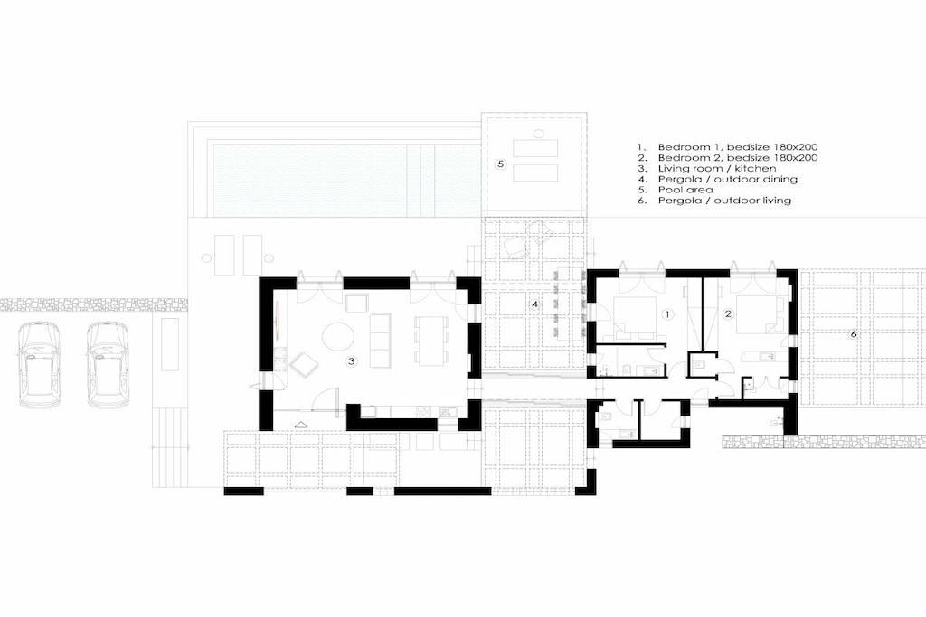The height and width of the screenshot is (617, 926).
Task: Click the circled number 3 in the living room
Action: pyautogui.click(x=352, y=361)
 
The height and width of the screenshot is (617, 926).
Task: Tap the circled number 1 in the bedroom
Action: pyautogui.click(x=667, y=314)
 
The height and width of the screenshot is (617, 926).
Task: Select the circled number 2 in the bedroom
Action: pyautogui.click(x=728, y=314)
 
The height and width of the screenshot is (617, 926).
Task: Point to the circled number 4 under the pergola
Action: pyautogui.click(x=534, y=304)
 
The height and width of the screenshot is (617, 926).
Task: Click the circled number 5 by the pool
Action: pyautogui.click(x=500, y=164)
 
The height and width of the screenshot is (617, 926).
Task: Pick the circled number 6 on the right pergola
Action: pyautogui.click(x=853, y=334)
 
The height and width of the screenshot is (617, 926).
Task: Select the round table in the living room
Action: pyautogui.click(x=338, y=337)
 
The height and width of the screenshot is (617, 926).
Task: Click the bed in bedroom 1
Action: pyautogui.click(x=636, y=319)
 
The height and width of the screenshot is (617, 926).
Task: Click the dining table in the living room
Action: pyautogui.click(x=427, y=341)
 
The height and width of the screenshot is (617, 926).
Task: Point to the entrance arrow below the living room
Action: pyautogui.click(x=300, y=424)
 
